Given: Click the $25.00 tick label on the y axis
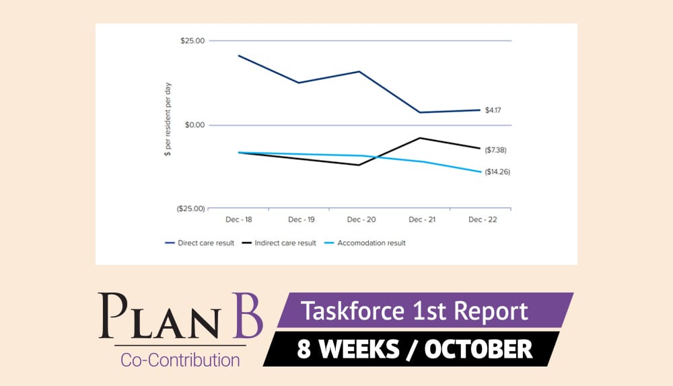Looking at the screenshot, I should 191,41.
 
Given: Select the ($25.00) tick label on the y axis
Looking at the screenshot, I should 190,209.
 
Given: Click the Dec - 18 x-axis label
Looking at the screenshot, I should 238,220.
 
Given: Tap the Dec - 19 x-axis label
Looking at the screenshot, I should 299,220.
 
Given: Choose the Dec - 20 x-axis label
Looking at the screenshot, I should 359,220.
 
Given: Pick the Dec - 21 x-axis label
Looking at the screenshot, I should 420,220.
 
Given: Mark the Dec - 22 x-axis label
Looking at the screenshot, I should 480,220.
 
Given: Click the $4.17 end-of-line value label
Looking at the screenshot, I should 493,110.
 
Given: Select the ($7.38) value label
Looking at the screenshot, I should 495,149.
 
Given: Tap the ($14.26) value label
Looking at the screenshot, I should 497,172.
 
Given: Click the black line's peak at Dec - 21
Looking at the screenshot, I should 420,138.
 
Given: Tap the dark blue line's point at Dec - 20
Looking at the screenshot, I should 359,71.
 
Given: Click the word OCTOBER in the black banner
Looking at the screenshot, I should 476,350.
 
